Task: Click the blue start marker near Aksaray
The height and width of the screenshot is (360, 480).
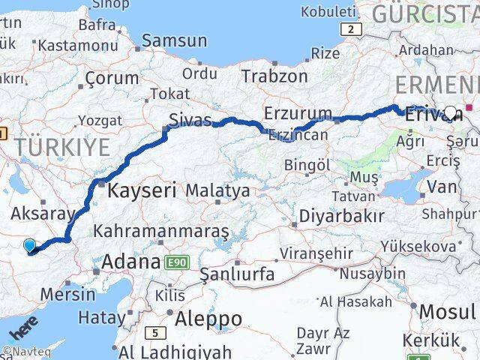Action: (x=29, y=245)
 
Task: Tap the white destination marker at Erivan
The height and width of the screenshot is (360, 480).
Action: (x=450, y=112)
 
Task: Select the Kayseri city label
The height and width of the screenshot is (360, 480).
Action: (x=142, y=190)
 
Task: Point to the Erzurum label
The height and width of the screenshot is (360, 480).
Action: (x=297, y=114)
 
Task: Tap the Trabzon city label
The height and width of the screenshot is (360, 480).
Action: (x=274, y=76)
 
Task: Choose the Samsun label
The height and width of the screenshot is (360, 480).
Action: (x=174, y=40)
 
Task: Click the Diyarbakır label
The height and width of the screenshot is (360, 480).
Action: (x=341, y=216)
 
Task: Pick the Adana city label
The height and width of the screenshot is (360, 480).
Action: (x=130, y=262)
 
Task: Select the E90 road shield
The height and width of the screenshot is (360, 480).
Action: (x=178, y=262)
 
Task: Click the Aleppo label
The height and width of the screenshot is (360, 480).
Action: (x=208, y=319)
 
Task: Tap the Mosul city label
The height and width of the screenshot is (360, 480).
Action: (x=448, y=311)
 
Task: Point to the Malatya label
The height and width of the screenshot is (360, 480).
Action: (x=217, y=191)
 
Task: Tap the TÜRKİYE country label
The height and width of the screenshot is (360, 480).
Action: (x=65, y=147)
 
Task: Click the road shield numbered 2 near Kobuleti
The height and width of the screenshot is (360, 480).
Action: (x=350, y=29)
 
